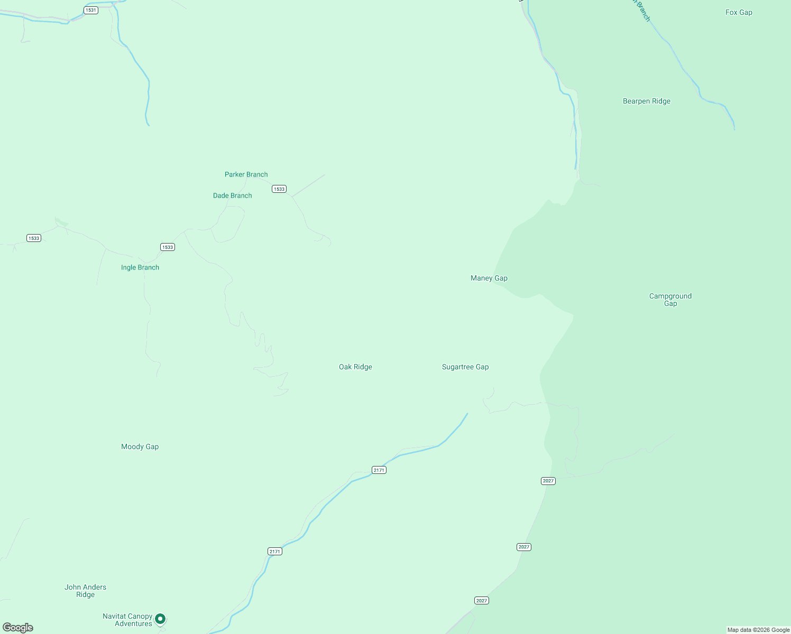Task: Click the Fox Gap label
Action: tap(739, 12)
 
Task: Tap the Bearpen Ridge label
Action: tap(646, 101)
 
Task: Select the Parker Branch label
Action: tap(246, 174)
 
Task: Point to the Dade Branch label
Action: tap(232, 195)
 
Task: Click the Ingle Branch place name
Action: tap(140, 267)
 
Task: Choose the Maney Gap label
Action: tap(489, 278)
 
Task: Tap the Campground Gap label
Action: tap(670, 300)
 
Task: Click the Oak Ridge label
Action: tap(355, 367)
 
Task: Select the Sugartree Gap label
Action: tap(465, 367)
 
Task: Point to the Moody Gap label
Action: tap(140, 446)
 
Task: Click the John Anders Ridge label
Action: tap(85, 591)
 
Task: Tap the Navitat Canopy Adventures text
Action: tap(127, 620)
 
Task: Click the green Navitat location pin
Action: tap(160, 618)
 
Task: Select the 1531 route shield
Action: tap(91, 10)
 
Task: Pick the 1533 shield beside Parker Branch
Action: tap(279, 189)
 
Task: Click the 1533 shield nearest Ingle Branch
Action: tap(167, 247)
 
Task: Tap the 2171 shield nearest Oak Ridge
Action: tap(379, 470)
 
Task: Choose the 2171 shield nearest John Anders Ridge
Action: tap(275, 551)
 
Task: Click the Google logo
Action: tap(18, 628)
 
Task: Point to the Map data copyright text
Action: tap(758, 630)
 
